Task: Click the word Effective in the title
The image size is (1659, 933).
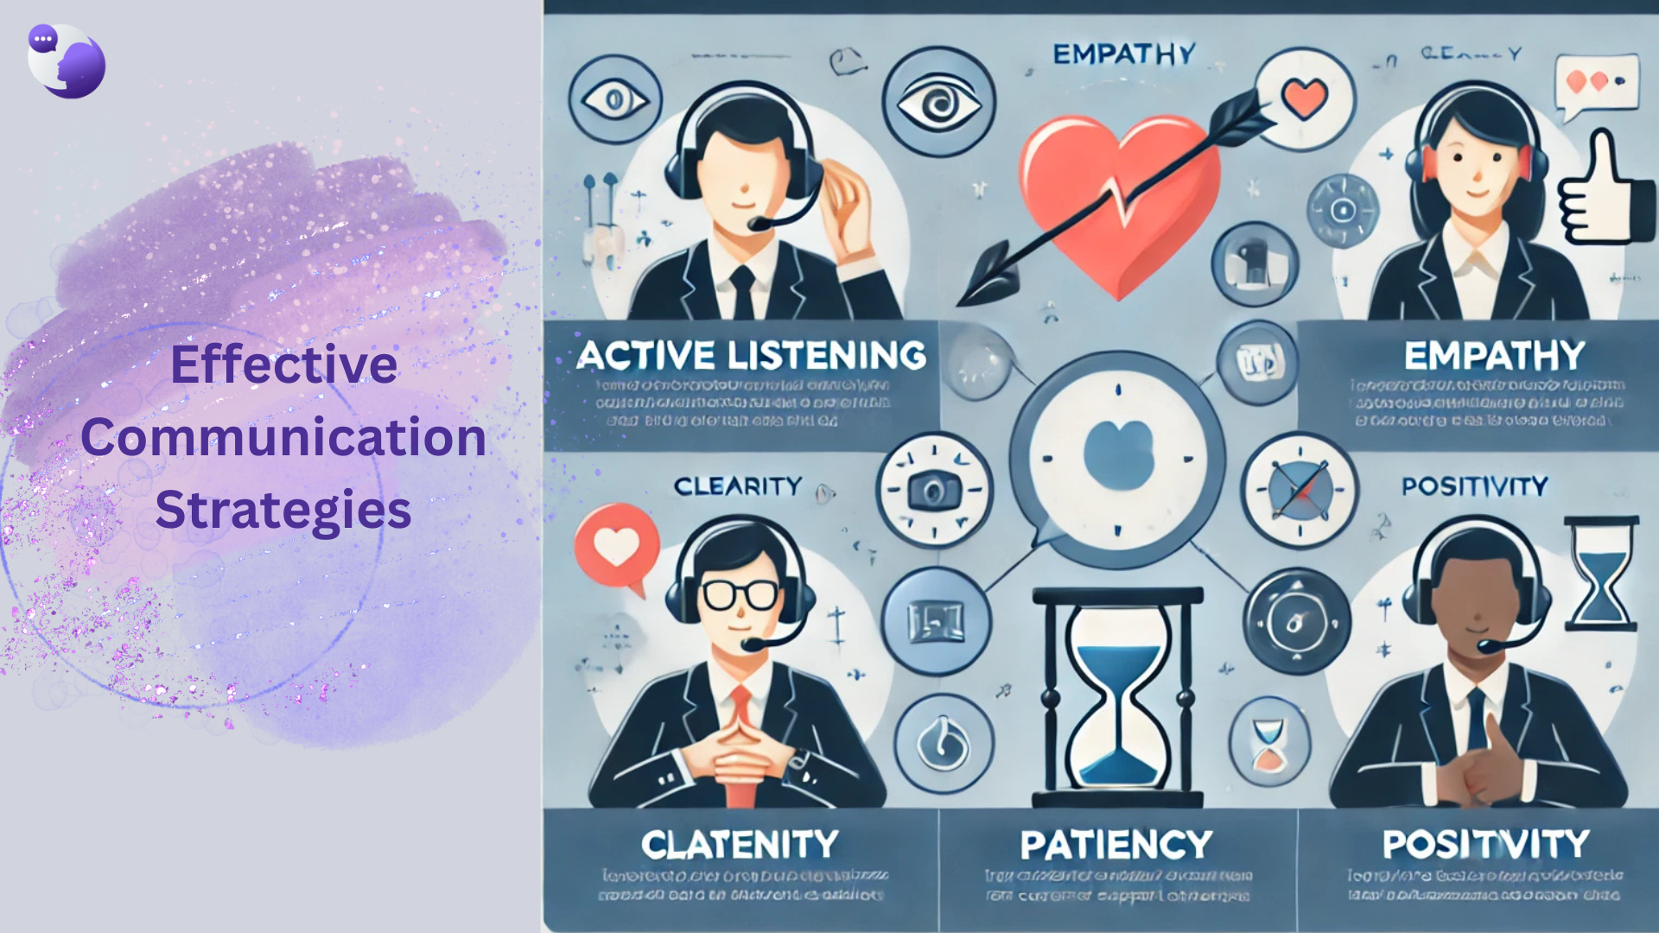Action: click(283, 365)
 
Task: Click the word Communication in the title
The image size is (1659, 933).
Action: click(283, 437)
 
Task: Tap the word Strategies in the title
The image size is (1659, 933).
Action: click(283, 510)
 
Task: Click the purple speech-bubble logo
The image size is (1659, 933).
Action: click(67, 60)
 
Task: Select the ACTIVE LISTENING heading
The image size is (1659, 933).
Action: click(751, 356)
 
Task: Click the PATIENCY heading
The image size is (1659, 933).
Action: click(1116, 845)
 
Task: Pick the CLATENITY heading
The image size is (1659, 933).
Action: click(740, 845)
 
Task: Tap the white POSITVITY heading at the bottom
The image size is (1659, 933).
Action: click(1485, 844)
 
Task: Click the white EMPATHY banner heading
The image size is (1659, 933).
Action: click(1494, 356)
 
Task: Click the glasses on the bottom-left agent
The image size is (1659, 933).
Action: click(740, 594)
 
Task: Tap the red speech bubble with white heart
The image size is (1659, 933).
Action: click(617, 547)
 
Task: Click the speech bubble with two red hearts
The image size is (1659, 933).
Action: click(1596, 84)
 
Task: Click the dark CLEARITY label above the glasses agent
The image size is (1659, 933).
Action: click(738, 486)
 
